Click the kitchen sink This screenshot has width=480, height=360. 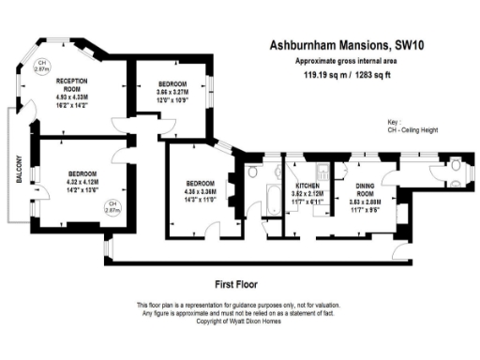tap(322, 170)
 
